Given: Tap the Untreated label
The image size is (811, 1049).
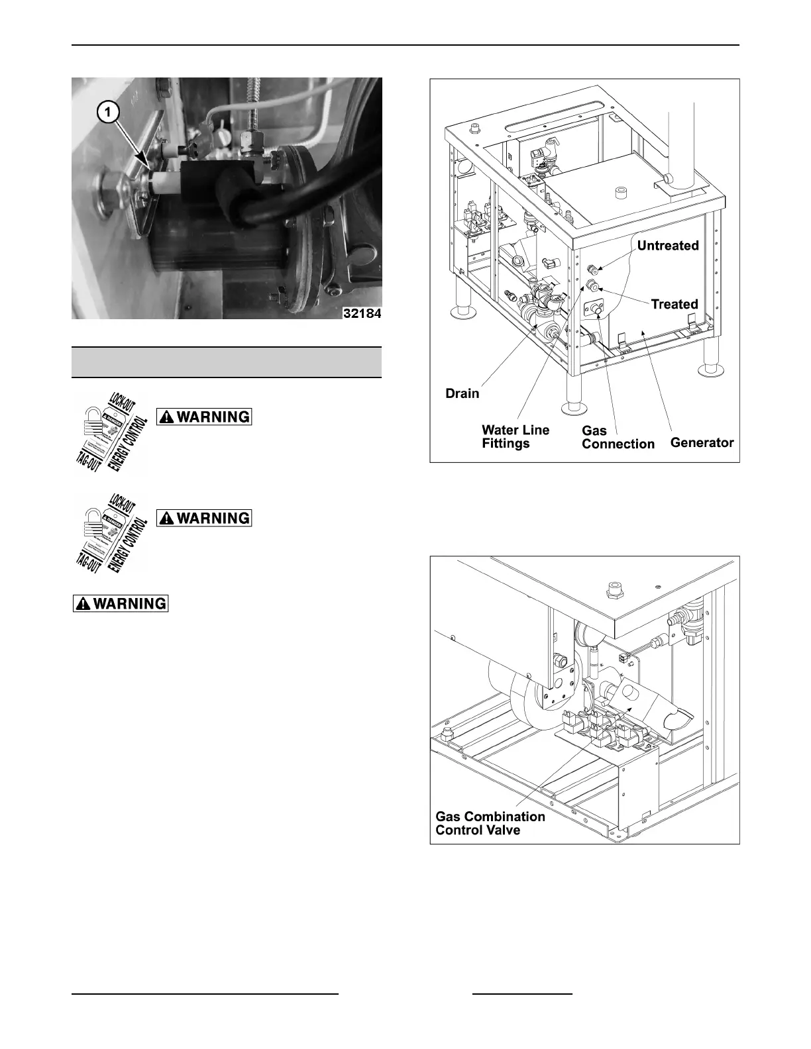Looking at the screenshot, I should (x=667, y=246).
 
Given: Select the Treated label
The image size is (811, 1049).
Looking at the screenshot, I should (x=674, y=304).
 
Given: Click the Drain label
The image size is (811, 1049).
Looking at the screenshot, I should (x=462, y=393).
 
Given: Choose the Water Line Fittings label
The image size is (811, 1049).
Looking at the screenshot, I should (x=515, y=436).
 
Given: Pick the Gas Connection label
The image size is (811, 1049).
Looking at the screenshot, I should (x=618, y=437).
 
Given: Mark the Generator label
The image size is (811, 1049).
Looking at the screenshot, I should (x=702, y=442).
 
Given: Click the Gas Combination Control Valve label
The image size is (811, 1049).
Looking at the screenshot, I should (x=490, y=823).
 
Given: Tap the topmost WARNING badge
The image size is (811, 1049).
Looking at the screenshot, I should (x=204, y=417).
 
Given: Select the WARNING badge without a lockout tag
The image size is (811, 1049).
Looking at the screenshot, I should (x=120, y=603).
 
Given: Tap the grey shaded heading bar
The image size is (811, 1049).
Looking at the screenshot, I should (x=227, y=362).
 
